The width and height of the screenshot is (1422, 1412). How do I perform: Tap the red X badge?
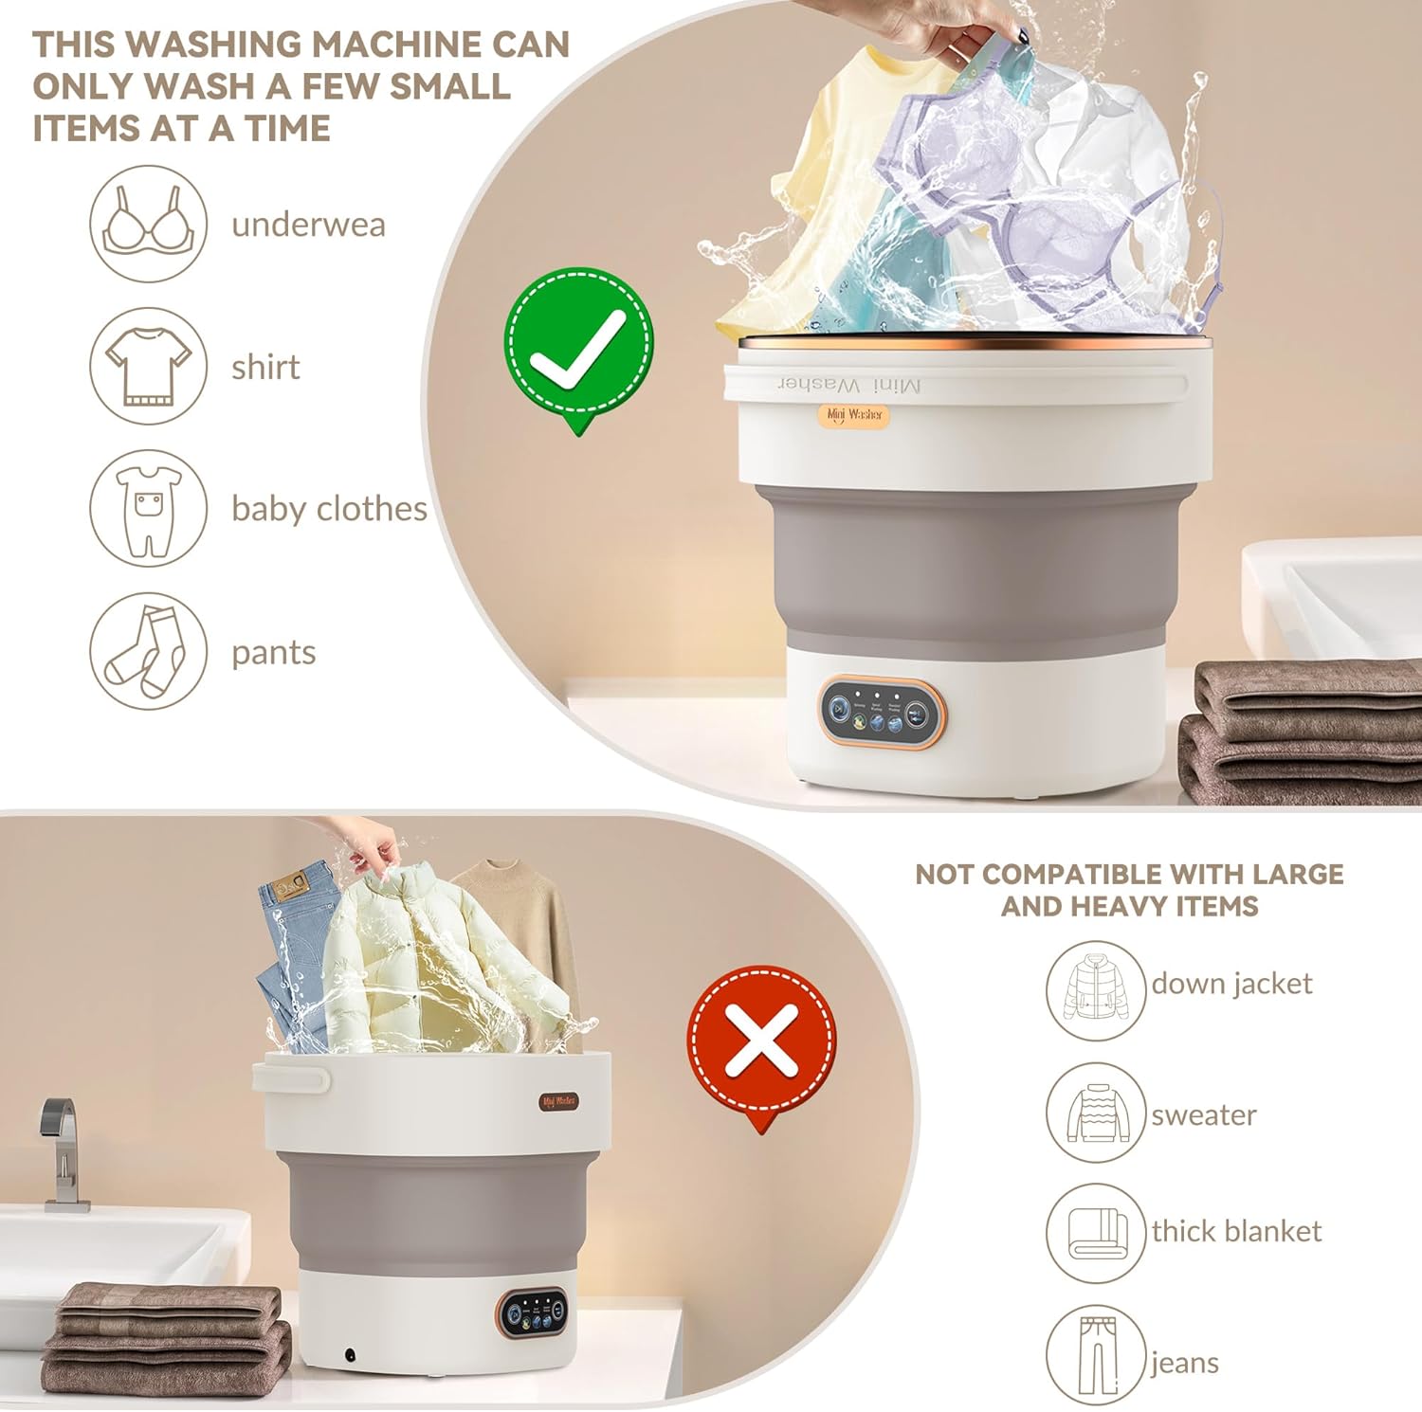click(x=761, y=1041)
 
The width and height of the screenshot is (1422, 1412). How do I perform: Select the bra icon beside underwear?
click(x=148, y=224)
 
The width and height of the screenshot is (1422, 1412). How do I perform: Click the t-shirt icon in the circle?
click(x=148, y=366)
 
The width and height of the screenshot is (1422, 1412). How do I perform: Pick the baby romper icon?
click(x=148, y=509)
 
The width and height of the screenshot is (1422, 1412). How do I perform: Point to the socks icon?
click(x=148, y=651)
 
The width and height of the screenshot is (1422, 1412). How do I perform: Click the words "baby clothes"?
click(x=329, y=509)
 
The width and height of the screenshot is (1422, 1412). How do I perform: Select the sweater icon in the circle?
click(x=1096, y=1113)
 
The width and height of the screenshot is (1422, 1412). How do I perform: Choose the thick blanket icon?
click(x=1096, y=1233)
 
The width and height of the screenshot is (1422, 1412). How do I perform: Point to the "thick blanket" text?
click(x=1236, y=1231)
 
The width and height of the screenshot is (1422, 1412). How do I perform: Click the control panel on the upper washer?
click(x=882, y=712)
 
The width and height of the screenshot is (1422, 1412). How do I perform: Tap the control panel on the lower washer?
click(x=533, y=1312)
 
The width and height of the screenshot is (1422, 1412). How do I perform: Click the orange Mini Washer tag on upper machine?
click(x=854, y=415)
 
